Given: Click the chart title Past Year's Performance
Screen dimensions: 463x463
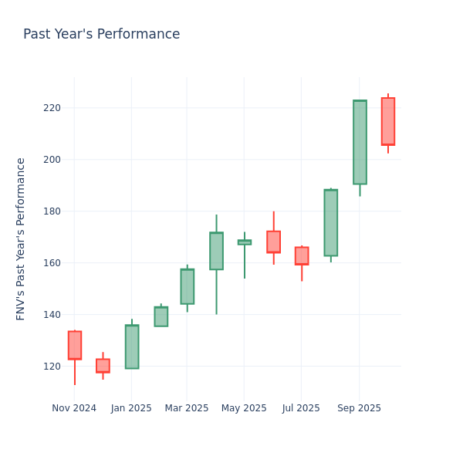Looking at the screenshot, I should click(x=101, y=35).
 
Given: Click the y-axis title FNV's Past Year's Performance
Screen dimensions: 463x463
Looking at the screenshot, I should click(x=22, y=238).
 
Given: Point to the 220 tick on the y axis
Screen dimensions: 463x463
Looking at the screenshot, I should click(x=52, y=108).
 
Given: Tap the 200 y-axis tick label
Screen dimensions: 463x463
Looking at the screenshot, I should click(x=52, y=160).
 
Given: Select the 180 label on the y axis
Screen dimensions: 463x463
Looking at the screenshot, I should click(x=52, y=211).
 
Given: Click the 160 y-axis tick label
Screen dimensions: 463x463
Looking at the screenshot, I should click(x=52, y=263).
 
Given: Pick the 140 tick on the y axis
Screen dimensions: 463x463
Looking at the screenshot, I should click(x=52, y=315).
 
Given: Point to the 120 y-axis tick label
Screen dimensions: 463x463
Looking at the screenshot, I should click(x=52, y=367).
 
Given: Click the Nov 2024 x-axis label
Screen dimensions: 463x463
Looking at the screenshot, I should click(x=74, y=408).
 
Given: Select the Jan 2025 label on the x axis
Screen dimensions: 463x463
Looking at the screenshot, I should click(x=131, y=408).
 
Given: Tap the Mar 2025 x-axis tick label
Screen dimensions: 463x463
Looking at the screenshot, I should click(x=187, y=408).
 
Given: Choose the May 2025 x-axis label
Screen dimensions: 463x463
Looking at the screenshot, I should click(x=244, y=408).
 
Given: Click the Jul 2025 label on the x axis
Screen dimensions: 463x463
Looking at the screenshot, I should click(x=301, y=408).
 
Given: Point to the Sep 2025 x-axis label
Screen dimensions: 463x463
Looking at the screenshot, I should click(x=359, y=408).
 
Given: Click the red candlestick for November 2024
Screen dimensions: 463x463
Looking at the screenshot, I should click(x=75, y=345).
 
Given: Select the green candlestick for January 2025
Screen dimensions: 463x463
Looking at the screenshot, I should click(x=132, y=346).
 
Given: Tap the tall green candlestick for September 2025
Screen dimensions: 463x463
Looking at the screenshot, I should click(x=360, y=142).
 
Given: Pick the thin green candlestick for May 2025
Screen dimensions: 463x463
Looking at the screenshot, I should click(x=245, y=242).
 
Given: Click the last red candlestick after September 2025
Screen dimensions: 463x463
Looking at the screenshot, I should click(x=388, y=121).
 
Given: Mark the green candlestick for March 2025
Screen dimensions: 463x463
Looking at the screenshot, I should click(x=187, y=286).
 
